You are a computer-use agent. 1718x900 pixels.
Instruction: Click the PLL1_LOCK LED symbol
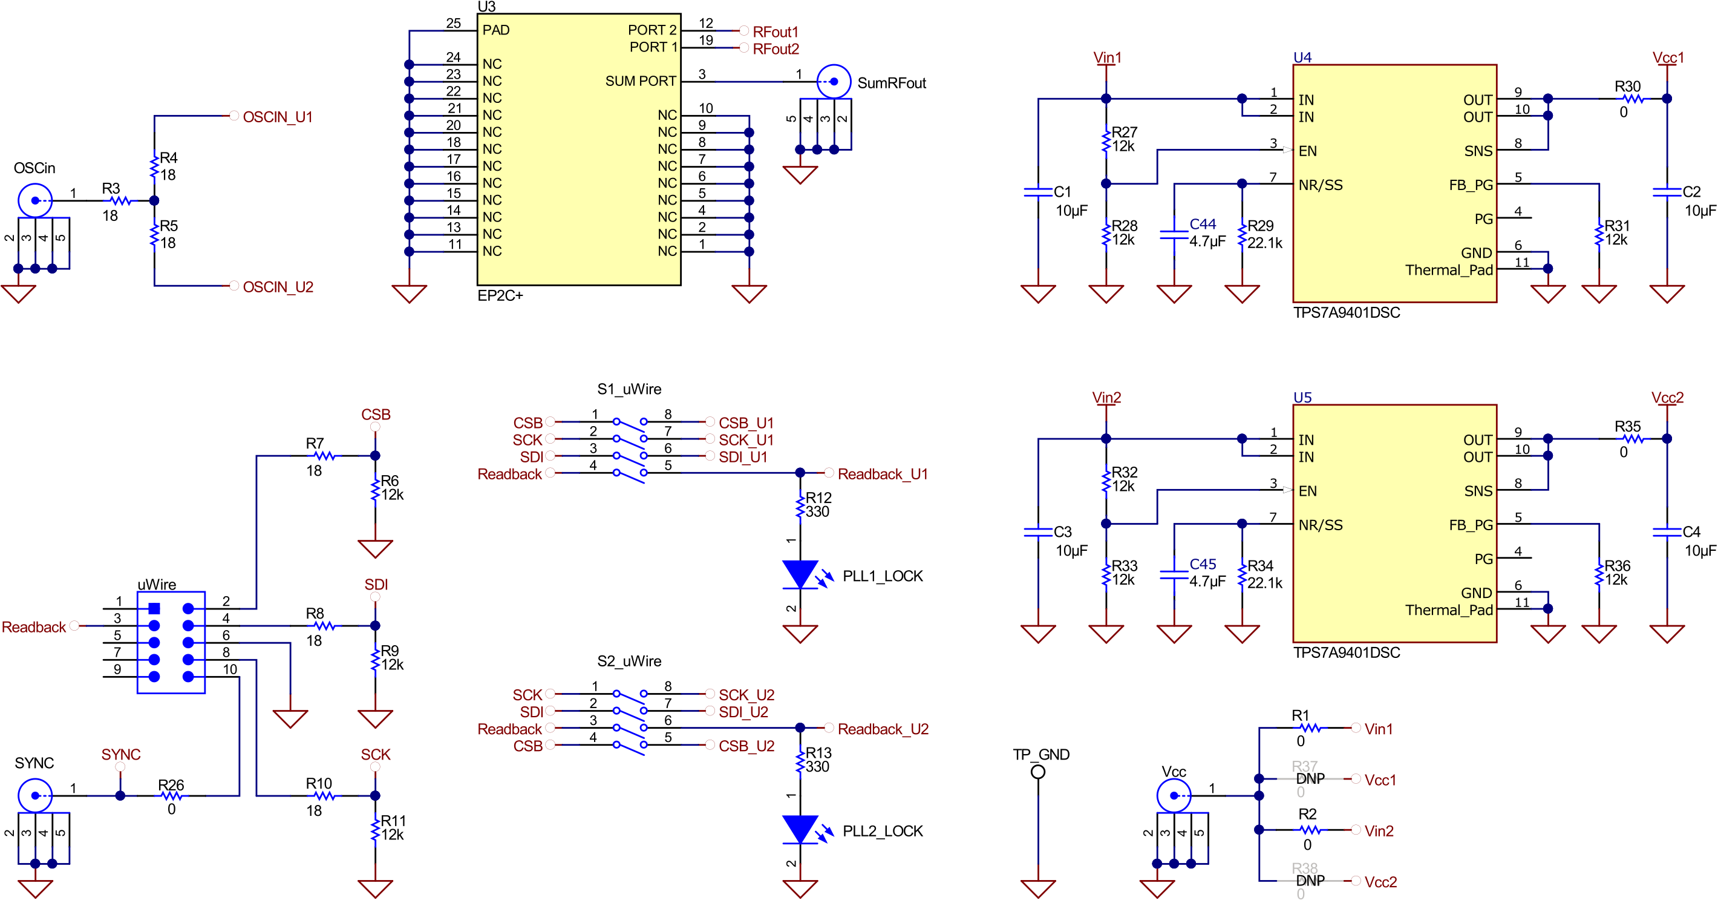tap(800, 575)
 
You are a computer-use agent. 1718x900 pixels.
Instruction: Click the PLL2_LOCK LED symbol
tap(800, 830)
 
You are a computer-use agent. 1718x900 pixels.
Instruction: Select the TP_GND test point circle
tap(1037, 772)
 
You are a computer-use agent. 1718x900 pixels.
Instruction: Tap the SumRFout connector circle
tap(834, 81)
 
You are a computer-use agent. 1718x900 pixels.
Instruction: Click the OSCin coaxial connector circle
tap(34, 200)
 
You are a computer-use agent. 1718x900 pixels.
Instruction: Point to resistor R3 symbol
tap(120, 200)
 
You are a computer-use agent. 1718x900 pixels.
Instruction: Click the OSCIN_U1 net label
tap(278, 117)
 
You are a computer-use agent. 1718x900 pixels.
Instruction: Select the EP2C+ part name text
tap(500, 295)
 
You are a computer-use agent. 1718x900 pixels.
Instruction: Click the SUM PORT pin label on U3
tap(640, 81)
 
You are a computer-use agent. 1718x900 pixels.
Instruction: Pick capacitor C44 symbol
tap(1174, 234)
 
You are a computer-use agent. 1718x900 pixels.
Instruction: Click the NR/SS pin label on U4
tap(1321, 185)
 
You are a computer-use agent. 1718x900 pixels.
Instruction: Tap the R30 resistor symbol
tap(1633, 99)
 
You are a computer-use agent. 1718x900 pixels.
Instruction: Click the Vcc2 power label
tap(1667, 398)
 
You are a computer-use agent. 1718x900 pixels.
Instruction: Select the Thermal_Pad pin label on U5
tap(1449, 610)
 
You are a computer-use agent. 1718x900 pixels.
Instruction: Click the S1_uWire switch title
tap(629, 389)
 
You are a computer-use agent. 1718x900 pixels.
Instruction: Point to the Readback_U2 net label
tap(883, 729)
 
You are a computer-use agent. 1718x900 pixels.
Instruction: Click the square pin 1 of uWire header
tap(154, 608)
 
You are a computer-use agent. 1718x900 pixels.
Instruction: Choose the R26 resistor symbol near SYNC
tap(171, 795)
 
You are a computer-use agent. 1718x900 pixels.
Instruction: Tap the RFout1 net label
tap(775, 32)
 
